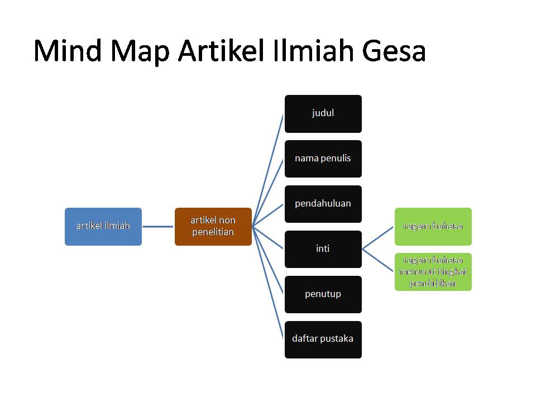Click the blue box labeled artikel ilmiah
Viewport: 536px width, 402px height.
(103, 226)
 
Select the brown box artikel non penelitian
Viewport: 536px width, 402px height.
(213, 226)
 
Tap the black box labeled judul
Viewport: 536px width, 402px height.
(323, 113)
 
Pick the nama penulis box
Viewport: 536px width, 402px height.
(323, 159)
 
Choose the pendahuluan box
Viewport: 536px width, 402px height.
(323, 204)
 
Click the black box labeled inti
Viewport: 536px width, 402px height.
(323, 249)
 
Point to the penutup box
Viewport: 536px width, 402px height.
(323, 294)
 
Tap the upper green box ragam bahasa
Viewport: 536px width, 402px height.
(433, 226)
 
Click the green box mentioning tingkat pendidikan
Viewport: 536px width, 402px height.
(433, 272)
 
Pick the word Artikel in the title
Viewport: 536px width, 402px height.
(221, 51)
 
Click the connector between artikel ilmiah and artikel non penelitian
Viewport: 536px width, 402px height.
(158, 226)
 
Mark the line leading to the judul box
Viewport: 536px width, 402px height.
(269, 170)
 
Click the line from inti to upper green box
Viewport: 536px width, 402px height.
(379, 238)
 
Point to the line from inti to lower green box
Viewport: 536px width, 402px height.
(379, 260)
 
